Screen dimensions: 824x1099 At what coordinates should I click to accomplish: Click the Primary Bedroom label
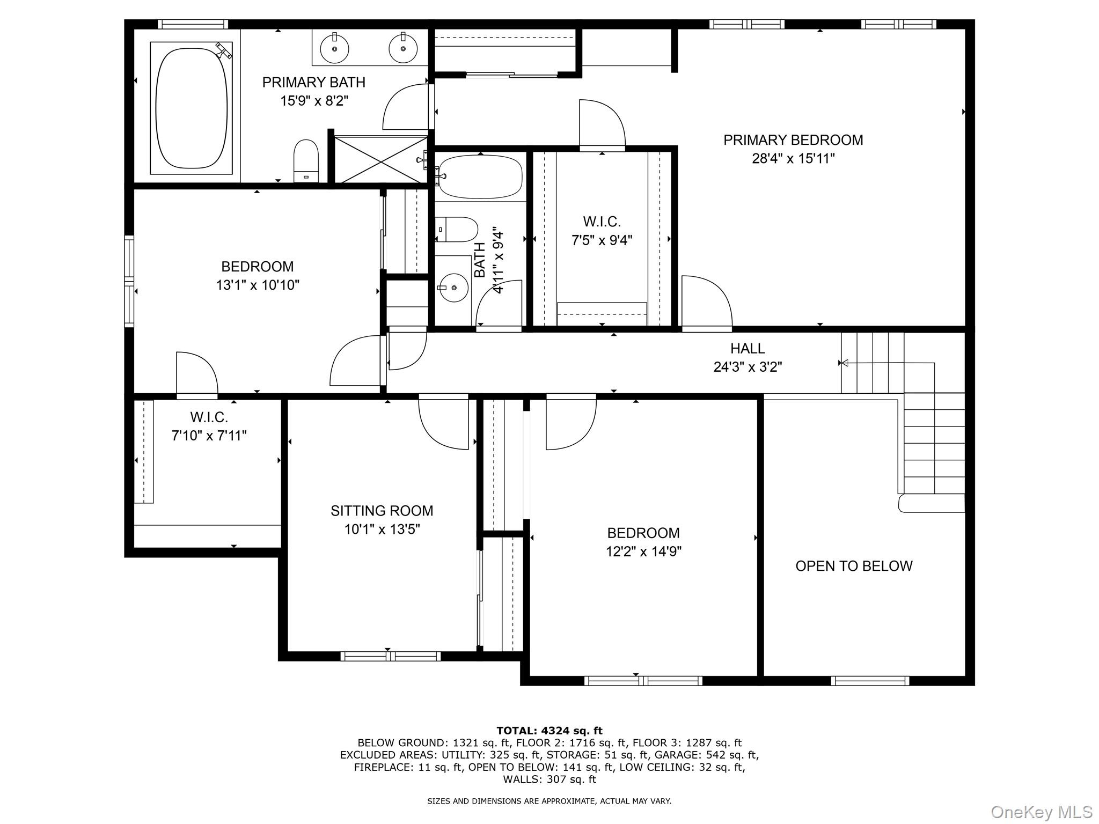click(793, 140)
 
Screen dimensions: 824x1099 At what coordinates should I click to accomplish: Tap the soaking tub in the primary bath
click(191, 107)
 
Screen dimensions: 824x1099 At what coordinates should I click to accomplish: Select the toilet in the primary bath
click(306, 161)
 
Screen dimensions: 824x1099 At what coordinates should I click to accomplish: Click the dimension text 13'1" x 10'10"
click(258, 285)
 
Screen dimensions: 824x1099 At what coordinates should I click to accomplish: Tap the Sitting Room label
click(382, 511)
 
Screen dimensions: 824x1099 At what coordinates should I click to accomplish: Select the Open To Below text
click(853, 566)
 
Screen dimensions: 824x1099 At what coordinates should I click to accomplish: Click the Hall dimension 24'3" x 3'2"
click(747, 367)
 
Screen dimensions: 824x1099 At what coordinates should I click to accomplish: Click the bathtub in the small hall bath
click(480, 176)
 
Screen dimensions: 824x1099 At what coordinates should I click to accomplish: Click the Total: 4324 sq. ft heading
click(549, 730)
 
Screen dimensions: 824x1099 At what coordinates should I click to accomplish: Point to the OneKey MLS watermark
click(1041, 812)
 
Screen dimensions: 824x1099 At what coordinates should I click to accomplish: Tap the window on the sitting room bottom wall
click(390, 656)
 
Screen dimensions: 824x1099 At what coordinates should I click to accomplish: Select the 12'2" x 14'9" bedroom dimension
click(643, 551)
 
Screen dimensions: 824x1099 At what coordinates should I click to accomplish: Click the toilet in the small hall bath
click(457, 230)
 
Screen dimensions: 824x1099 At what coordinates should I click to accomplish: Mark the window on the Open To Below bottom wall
click(869, 681)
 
